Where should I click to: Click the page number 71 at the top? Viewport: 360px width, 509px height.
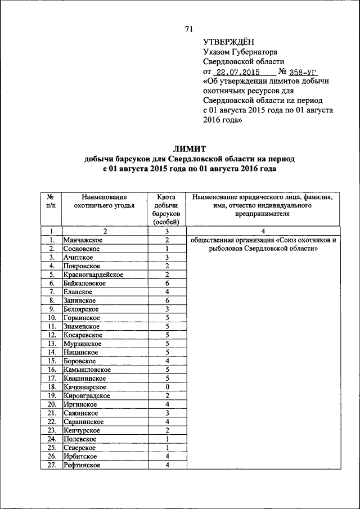(188, 30)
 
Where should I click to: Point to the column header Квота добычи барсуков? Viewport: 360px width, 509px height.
(167, 210)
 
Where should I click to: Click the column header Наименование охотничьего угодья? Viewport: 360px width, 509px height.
(104, 201)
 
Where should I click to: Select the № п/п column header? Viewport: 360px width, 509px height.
(51, 201)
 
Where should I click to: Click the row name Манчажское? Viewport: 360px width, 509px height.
(82, 240)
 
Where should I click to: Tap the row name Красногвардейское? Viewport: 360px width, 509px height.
(93, 275)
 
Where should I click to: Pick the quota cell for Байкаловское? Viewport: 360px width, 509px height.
(167, 283)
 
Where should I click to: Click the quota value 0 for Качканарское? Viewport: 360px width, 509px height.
(167, 387)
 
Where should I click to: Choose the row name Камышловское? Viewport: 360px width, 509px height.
(87, 370)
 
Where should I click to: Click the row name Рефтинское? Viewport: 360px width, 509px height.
(82, 465)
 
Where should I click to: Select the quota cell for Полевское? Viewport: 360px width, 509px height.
(167, 439)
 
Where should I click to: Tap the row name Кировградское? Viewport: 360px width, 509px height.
(87, 396)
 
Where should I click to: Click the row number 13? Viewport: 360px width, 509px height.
(51, 344)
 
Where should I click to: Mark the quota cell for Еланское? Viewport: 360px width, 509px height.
(167, 292)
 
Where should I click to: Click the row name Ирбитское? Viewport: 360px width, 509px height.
(80, 456)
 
